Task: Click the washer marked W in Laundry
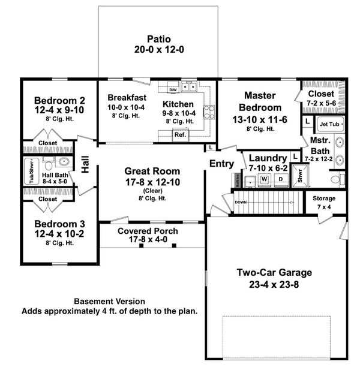click(x=263, y=179)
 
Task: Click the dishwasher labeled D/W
click(x=173, y=89)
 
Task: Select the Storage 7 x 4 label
click(x=323, y=202)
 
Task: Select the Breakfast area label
click(x=127, y=98)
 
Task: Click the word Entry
click(x=220, y=164)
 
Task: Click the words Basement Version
click(x=109, y=301)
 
